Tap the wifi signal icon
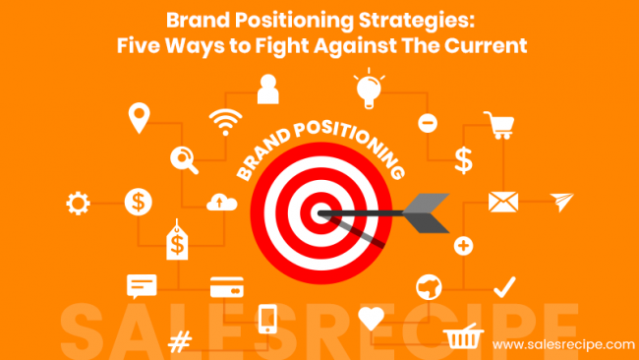[x=224, y=123]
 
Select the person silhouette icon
[x=267, y=90]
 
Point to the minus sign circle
[x=428, y=123]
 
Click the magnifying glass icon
[x=184, y=157]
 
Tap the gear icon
[x=77, y=204]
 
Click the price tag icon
[x=177, y=239]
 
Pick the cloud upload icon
[x=221, y=202]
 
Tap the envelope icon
[x=503, y=202]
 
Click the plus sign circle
[x=463, y=245]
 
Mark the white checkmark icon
[x=504, y=286]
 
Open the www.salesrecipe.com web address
[x=563, y=344]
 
